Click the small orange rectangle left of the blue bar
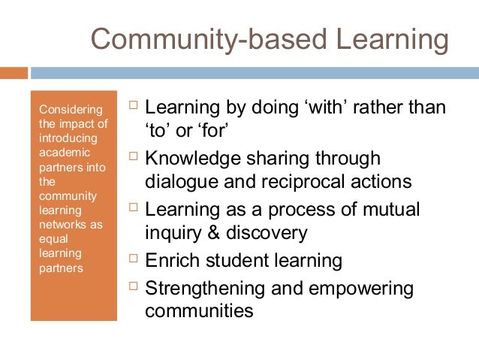coord(14,73)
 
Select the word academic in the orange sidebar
coord(62,153)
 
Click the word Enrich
coord(171,261)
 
